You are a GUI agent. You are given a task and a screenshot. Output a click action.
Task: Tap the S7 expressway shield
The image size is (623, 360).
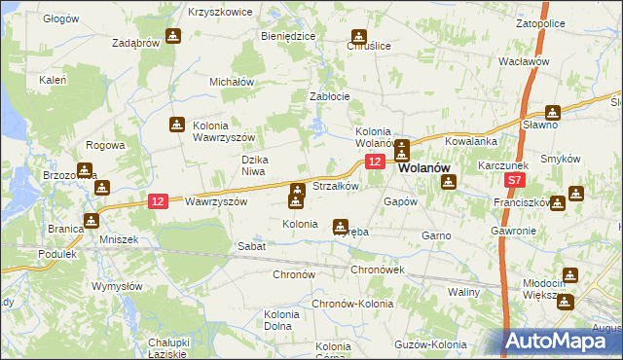click(515, 181)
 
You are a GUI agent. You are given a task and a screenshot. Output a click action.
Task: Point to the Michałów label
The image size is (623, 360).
click(232, 82)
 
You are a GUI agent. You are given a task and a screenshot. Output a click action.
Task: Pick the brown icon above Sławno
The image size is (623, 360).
click(553, 112)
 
